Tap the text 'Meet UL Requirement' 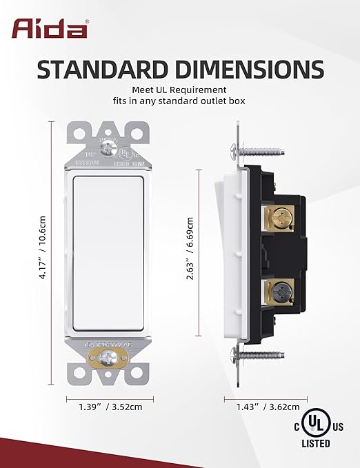(179, 90)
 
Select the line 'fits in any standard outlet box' (179, 101)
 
